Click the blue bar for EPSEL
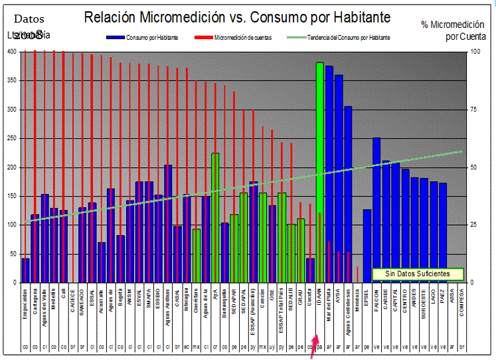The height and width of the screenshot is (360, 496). coord(367,246)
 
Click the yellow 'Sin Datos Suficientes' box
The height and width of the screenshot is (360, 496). coord(417,274)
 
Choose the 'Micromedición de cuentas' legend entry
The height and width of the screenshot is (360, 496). coord(242,38)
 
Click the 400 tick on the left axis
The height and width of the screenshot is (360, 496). coord(11,52)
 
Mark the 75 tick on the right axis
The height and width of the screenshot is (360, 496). coord(473,110)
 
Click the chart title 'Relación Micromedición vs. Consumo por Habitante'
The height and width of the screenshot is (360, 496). coord(237,17)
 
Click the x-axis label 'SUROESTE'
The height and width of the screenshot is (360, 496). coord(424,310)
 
